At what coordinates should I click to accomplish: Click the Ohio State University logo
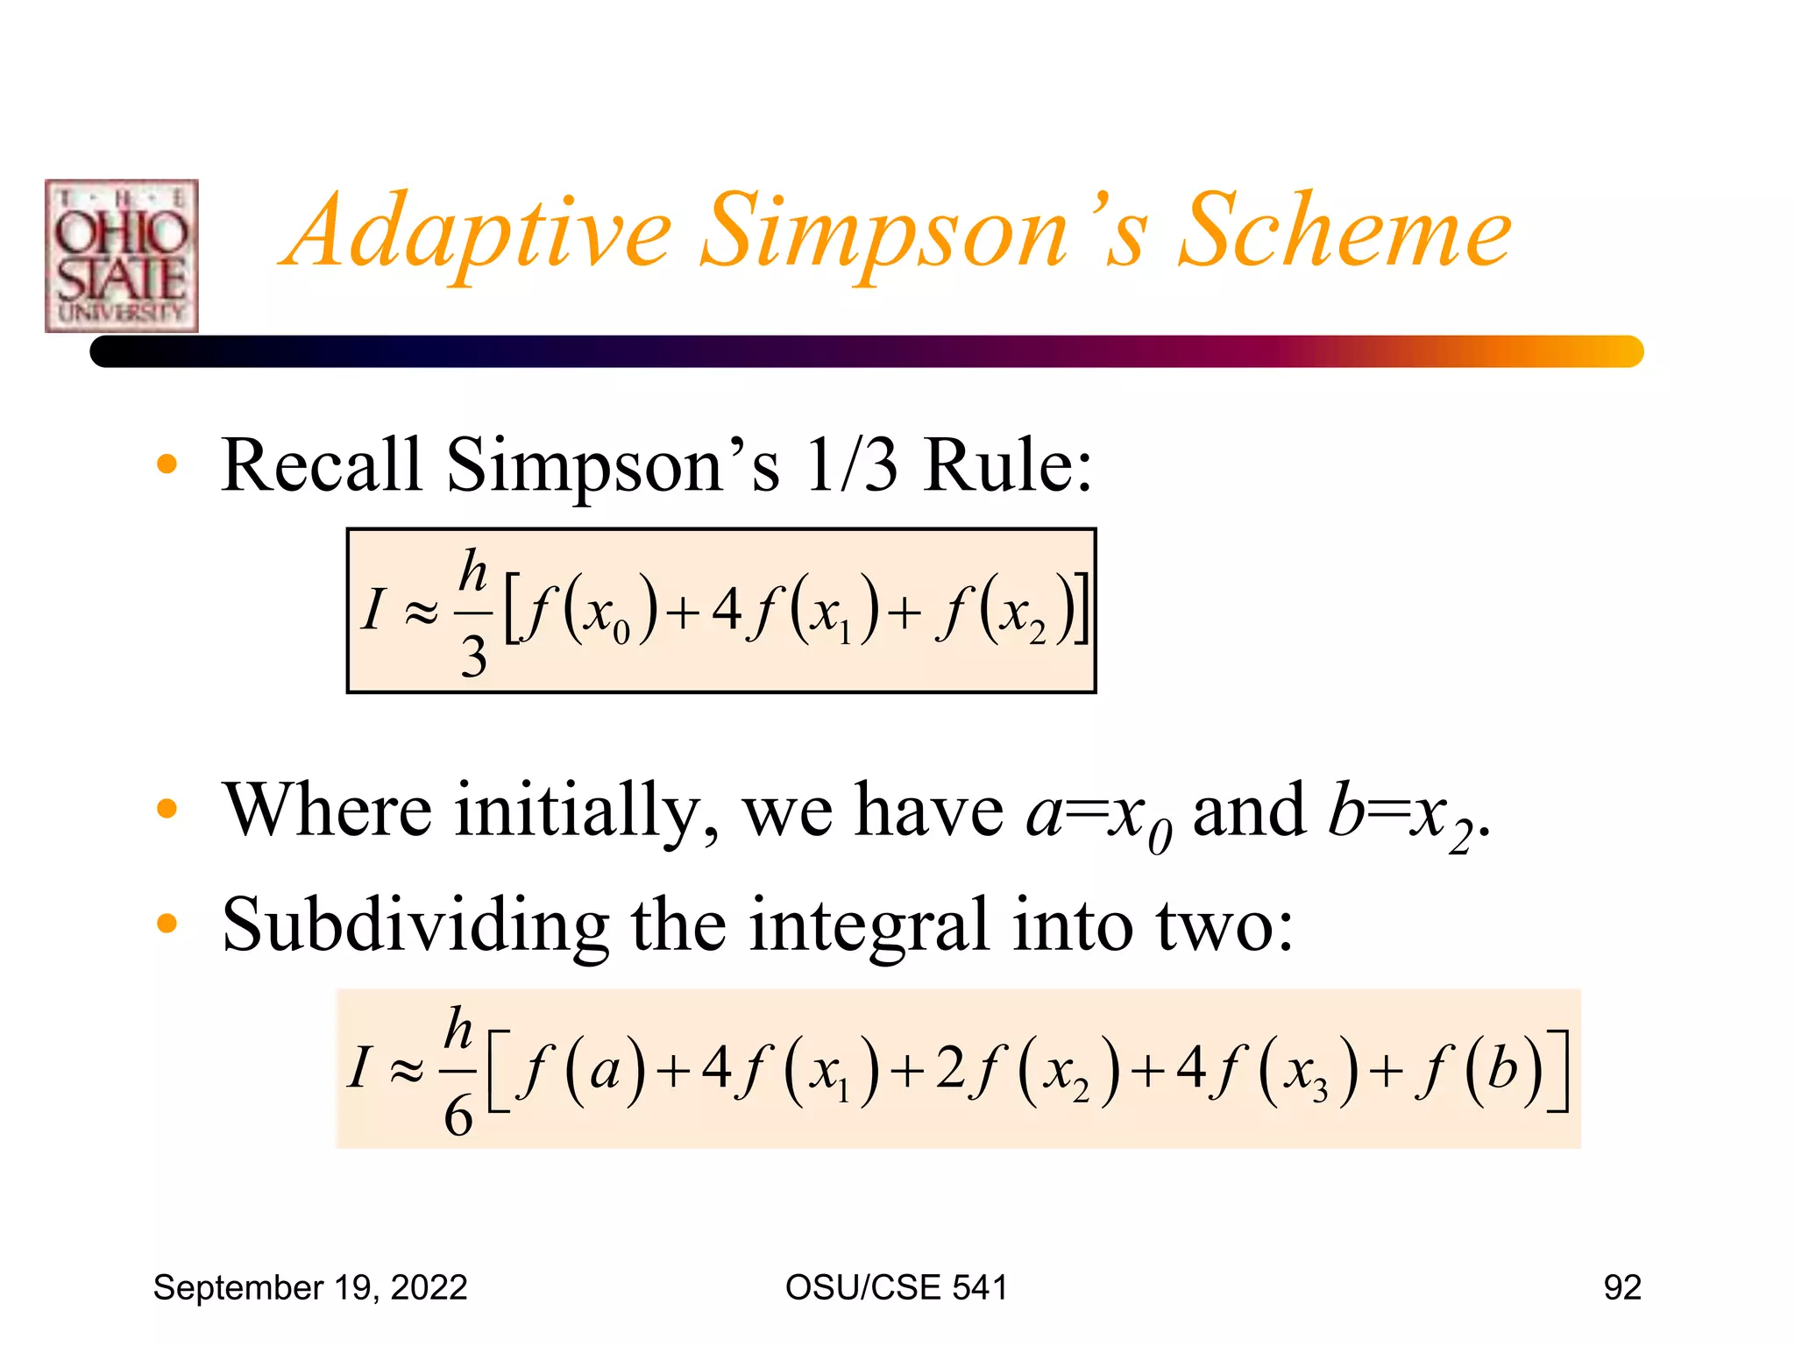point(122,256)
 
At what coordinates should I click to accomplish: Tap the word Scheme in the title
point(1344,231)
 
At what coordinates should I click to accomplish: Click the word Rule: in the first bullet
point(1008,465)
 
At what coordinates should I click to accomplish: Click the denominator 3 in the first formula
point(473,656)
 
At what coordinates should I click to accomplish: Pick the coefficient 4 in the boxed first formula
point(727,610)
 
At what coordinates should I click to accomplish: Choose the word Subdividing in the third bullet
point(415,925)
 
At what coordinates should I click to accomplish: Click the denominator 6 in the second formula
point(458,1116)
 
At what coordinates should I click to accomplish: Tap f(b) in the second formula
point(1480,1070)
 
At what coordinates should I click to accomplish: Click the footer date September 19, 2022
point(310,1287)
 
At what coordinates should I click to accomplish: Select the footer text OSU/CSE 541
point(896,1287)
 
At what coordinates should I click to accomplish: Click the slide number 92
point(1621,1287)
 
